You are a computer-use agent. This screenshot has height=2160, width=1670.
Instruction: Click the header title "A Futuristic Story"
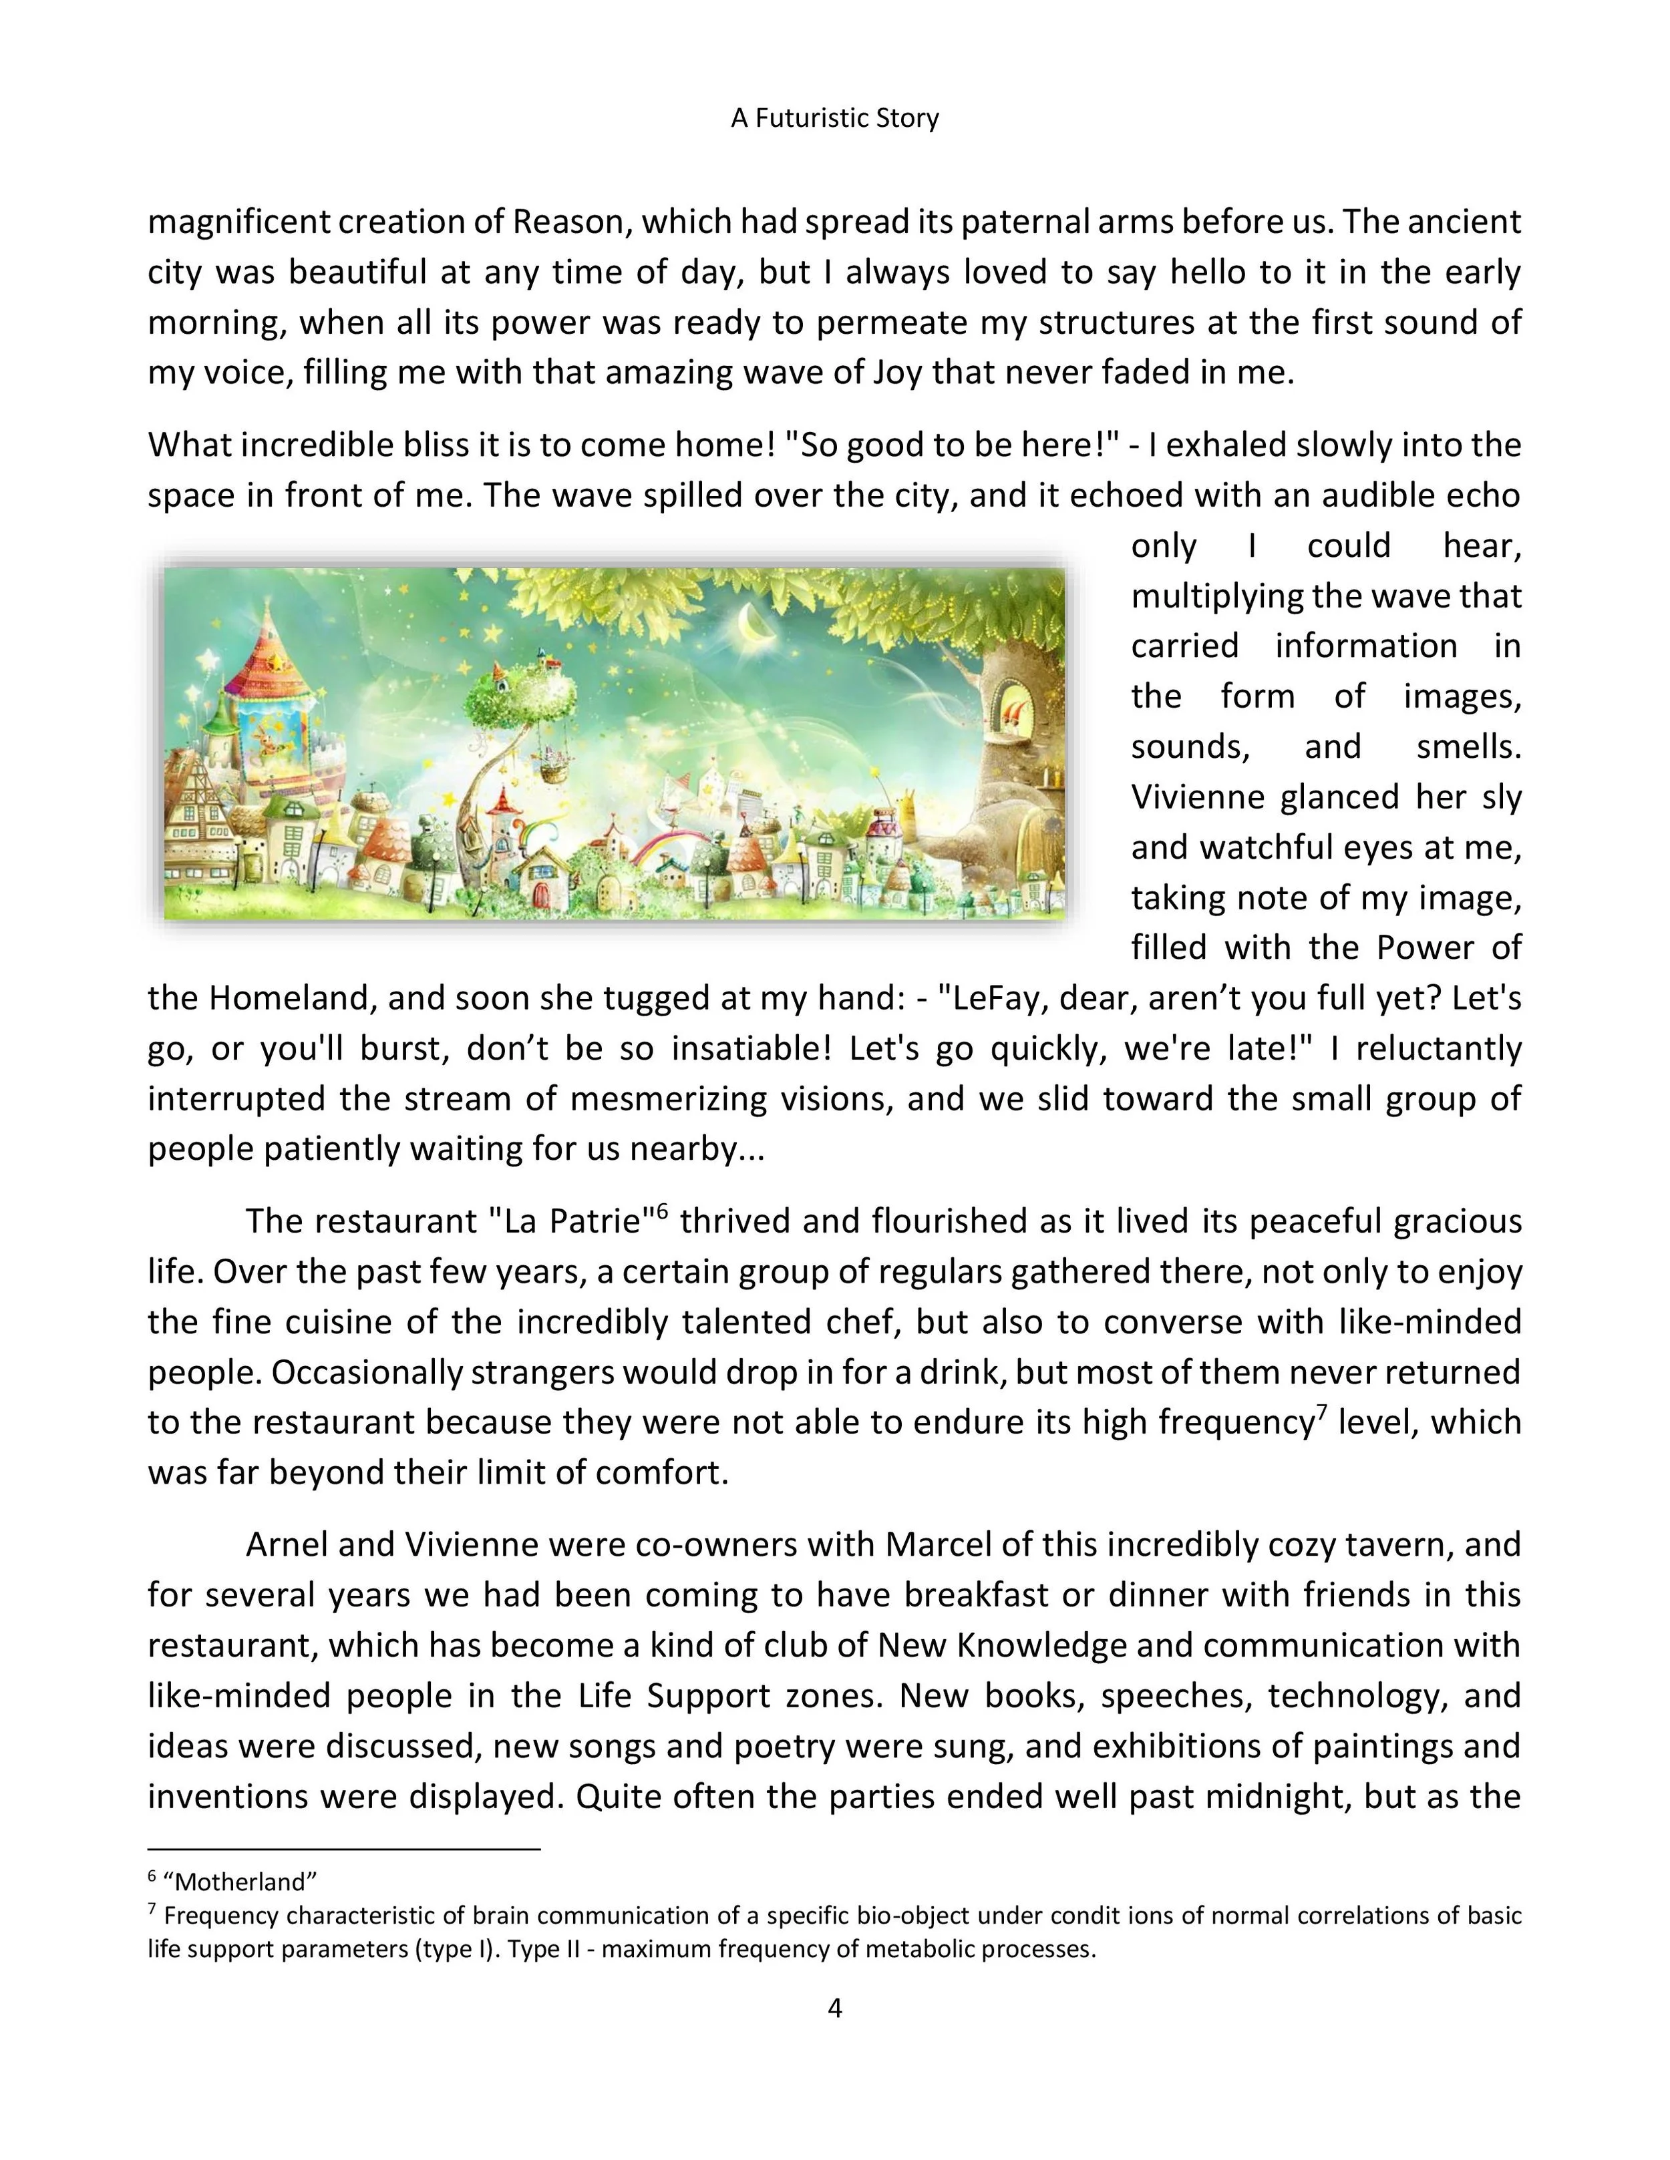click(834, 119)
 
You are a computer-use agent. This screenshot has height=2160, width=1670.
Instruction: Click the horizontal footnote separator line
click(343, 1848)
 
